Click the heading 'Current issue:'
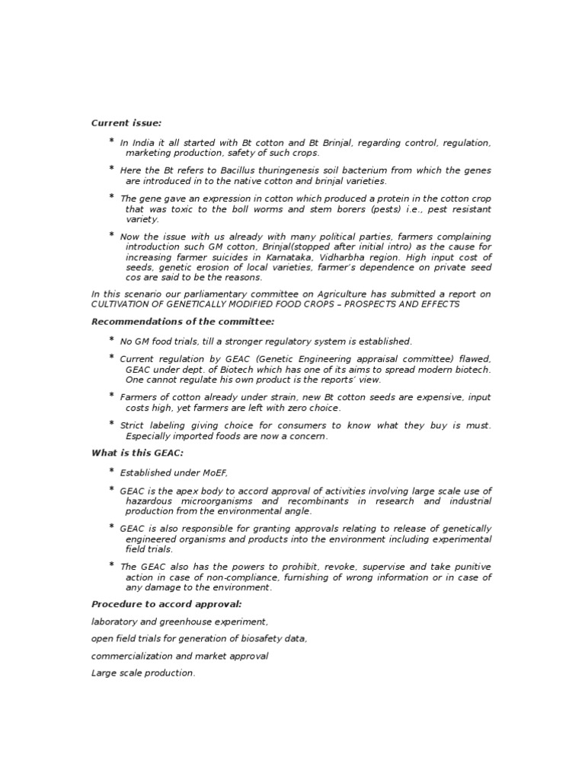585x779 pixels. (126, 123)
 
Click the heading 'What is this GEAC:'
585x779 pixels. (137, 454)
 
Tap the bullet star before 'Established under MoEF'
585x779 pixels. (112, 472)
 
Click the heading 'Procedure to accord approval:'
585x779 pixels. (167, 604)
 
